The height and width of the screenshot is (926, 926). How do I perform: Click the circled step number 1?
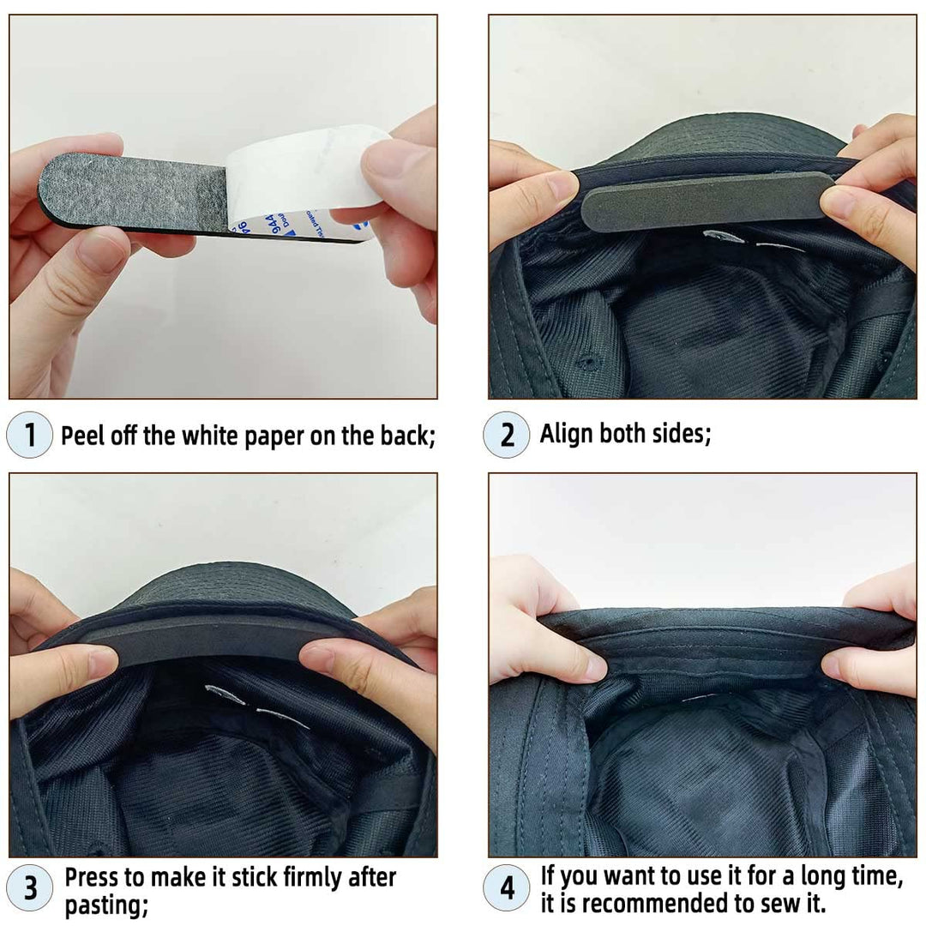click(29, 435)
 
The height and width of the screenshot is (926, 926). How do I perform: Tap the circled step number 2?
click(506, 435)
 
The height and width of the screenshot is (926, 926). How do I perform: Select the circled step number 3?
click(30, 888)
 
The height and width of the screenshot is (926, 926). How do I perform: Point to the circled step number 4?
click(507, 888)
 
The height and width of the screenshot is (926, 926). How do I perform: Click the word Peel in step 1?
click(83, 436)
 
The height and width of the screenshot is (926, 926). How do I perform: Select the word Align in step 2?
click(567, 434)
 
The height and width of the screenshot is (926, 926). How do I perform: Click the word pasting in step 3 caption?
click(106, 905)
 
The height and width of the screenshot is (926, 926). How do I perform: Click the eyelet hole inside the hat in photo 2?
click(586, 361)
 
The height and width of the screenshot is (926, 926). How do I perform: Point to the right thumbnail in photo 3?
click(322, 655)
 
